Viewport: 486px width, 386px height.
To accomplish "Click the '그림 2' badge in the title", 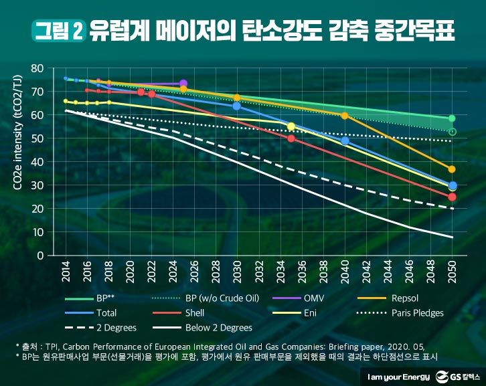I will click(x=58, y=30).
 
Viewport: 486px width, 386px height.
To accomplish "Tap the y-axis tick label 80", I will click(x=37, y=68).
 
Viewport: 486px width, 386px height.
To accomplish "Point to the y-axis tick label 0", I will click(x=40, y=256).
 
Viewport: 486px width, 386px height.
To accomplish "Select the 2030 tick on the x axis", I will click(x=236, y=273).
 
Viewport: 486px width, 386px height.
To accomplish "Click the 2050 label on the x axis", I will click(x=452, y=273).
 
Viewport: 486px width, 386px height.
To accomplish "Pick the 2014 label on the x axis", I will click(x=66, y=273).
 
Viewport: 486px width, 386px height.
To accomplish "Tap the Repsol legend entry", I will click(x=405, y=297).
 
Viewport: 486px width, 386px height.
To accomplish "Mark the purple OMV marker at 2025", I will click(x=183, y=84).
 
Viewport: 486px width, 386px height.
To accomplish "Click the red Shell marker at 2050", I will click(x=452, y=197).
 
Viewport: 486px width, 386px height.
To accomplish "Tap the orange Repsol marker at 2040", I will click(x=344, y=116).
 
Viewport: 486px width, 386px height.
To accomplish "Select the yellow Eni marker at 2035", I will click(x=291, y=126).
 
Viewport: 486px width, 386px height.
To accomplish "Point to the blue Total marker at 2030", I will click(x=236, y=106).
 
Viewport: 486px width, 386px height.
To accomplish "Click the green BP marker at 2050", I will click(x=452, y=119).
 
